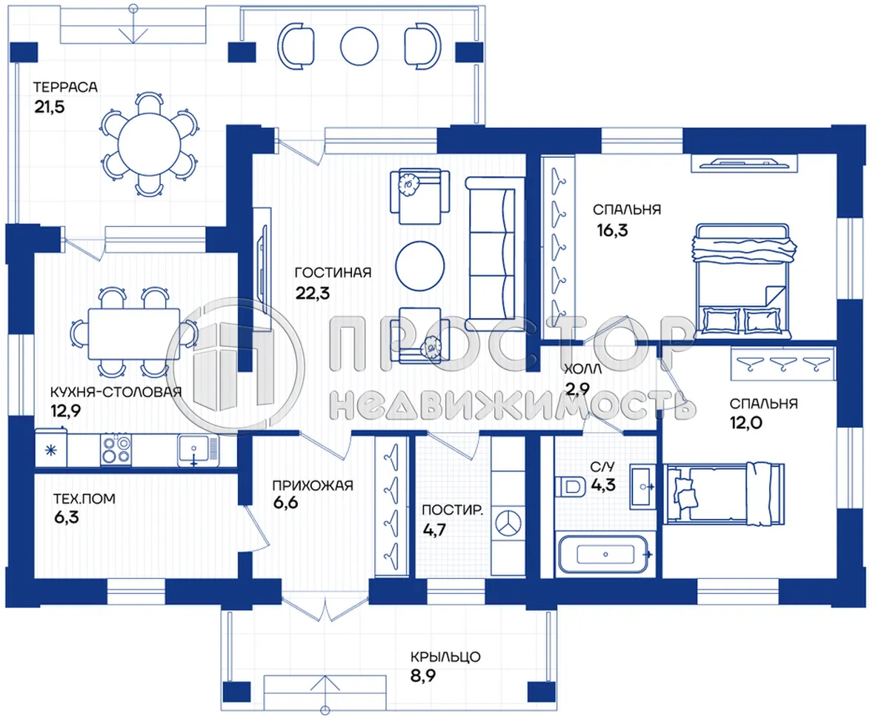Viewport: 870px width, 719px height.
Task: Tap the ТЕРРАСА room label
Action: click(65, 87)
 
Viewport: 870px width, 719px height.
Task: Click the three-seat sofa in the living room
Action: click(491, 253)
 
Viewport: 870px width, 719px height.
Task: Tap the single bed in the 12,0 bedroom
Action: click(730, 492)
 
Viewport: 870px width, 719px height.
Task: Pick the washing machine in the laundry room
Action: click(508, 520)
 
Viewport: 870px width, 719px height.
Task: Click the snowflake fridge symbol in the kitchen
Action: click(50, 450)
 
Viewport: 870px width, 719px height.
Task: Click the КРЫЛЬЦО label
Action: click(446, 657)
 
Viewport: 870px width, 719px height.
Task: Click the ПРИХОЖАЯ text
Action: click(312, 486)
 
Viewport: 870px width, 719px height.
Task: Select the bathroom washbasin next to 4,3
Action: click(642, 486)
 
